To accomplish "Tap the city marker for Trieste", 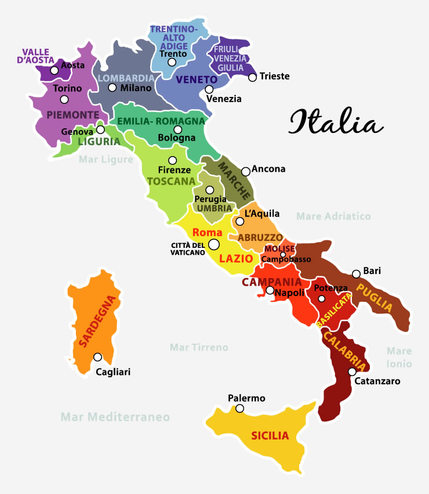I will click(x=252, y=77).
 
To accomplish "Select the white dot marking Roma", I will click(x=214, y=245).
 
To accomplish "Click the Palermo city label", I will click(x=246, y=398).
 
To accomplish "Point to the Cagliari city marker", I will click(x=97, y=357).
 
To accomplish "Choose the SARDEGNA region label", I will click(x=99, y=321).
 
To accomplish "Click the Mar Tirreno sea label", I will click(x=199, y=347).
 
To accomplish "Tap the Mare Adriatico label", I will click(x=333, y=217).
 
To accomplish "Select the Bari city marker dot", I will click(x=356, y=274).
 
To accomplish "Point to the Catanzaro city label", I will click(x=377, y=381).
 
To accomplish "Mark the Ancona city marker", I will click(x=246, y=171).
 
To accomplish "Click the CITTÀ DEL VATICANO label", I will click(x=188, y=248).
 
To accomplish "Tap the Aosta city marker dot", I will click(x=54, y=70).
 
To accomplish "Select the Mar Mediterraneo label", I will click(x=115, y=417).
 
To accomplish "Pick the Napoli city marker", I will click(x=270, y=290).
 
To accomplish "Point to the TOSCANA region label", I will click(x=171, y=181).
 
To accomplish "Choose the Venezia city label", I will click(x=224, y=99).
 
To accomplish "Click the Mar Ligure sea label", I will click(x=106, y=159).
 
